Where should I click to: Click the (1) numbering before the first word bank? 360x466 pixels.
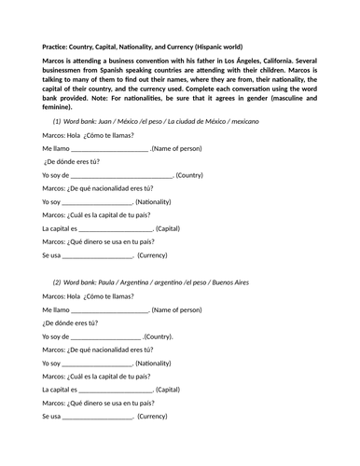pos(57,122)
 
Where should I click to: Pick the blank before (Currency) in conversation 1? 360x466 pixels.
pos(98,255)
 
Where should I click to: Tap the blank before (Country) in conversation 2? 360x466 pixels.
pos(106,336)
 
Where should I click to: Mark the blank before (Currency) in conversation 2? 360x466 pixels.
pos(98,417)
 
